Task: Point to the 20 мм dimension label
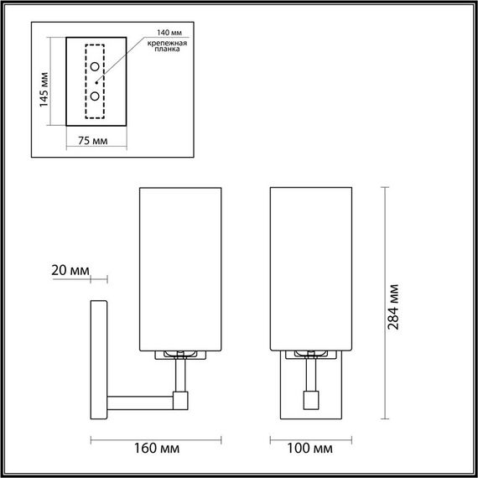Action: click(70, 270)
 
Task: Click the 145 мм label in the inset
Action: click(44, 83)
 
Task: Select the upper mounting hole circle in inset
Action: click(96, 67)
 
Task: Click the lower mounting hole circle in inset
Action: click(96, 96)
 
